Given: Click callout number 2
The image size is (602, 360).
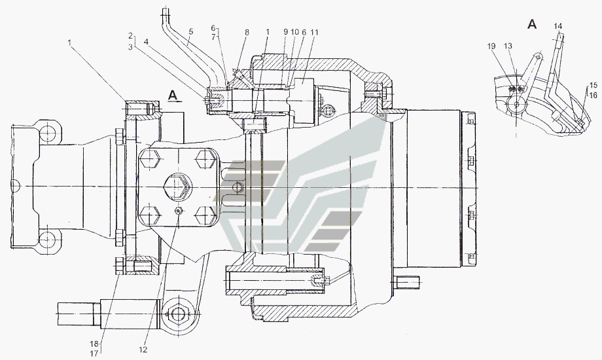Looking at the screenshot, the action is pyautogui.click(x=130, y=36).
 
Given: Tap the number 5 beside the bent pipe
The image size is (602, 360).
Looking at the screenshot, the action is pyautogui.click(x=191, y=33).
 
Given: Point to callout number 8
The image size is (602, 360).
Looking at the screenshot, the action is pyautogui.click(x=247, y=33).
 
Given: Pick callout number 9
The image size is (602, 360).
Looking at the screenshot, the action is pyautogui.click(x=286, y=33).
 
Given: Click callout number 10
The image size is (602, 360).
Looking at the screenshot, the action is pyautogui.click(x=294, y=33).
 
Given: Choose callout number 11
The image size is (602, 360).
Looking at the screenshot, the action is pyautogui.click(x=315, y=33).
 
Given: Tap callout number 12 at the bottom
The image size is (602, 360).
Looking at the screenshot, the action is pyautogui.click(x=143, y=350).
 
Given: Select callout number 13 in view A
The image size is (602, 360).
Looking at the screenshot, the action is pyautogui.click(x=508, y=46).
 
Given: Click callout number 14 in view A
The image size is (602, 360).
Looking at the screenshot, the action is pyautogui.click(x=558, y=26).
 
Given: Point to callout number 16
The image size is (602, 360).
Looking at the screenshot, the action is pyautogui.click(x=593, y=95).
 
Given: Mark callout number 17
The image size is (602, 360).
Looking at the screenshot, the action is pyautogui.click(x=94, y=354).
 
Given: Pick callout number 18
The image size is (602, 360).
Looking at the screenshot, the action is pyautogui.click(x=94, y=344).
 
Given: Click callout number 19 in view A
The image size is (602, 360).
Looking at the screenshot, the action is pyautogui.click(x=491, y=46).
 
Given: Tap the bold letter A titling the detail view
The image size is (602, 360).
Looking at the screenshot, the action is pyautogui.click(x=532, y=24).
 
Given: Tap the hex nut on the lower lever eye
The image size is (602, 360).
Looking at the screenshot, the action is pyautogui.click(x=177, y=314).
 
